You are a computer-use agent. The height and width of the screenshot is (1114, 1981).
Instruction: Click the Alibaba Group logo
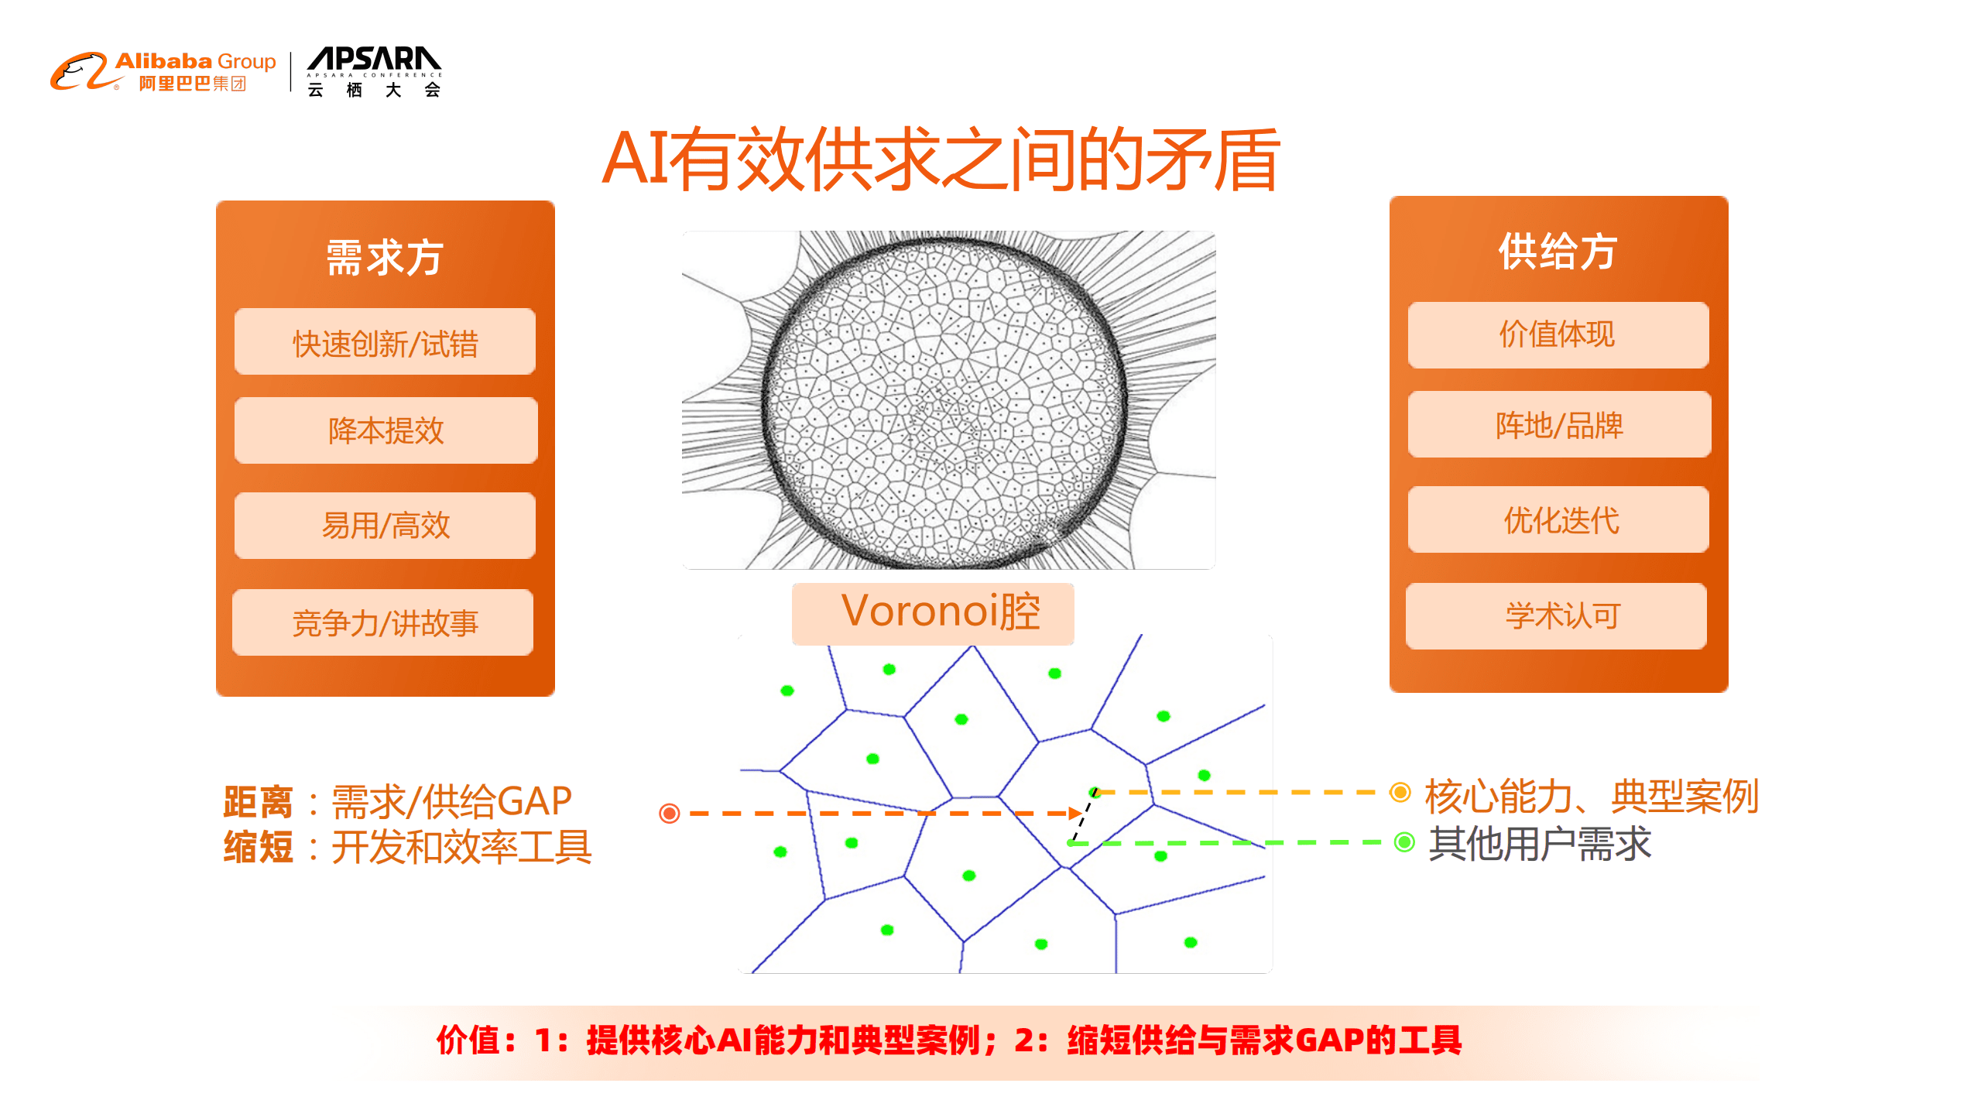tap(163, 71)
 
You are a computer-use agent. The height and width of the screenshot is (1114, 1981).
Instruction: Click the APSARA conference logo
tap(374, 71)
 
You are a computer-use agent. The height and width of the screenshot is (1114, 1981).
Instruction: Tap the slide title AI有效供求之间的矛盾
tap(940, 159)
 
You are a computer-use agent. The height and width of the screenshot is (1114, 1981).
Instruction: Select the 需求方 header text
tap(385, 257)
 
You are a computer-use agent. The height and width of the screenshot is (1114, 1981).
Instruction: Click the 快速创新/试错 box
tap(385, 342)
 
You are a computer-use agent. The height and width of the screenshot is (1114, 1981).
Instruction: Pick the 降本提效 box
tap(386, 430)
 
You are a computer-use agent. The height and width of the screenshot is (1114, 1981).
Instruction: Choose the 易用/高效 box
tap(385, 526)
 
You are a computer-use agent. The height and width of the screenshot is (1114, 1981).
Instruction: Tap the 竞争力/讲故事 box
tap(383, 622)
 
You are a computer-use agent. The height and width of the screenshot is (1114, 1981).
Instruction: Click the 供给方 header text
tap(1558, 252)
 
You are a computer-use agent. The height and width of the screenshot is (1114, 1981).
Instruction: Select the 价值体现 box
tap(1558, 335)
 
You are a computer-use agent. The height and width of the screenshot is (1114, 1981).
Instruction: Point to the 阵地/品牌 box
tap(1559, 424)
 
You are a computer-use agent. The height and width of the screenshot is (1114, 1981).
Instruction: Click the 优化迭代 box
tap(1559, 519)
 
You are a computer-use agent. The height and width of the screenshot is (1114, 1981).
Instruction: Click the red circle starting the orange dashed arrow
tap(670, 813)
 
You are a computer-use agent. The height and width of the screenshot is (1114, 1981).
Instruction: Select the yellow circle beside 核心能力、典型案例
tap(1400, 792)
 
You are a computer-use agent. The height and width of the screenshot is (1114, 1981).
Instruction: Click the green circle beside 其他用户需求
tap(1404, 841)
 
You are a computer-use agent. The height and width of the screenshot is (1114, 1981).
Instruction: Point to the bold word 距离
tap(258, 801)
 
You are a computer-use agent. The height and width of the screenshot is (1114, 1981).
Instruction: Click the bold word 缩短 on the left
tap(258, 846)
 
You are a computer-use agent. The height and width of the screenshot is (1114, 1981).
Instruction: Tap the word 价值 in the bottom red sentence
tap(469, 1040)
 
